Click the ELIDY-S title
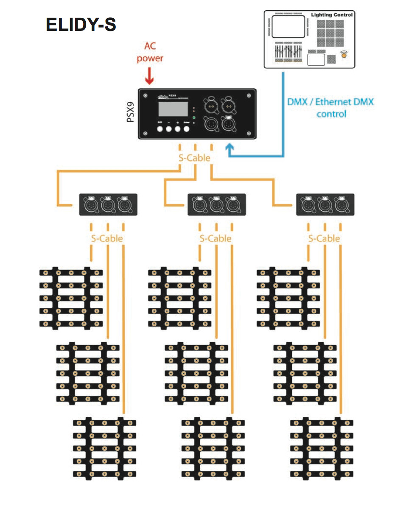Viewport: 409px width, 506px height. pyautogui.click(x=81, y=25)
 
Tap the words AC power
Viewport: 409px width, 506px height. pyautogui.click(x=150, y=52)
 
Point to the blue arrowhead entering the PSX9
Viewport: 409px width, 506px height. pyautogui.click(x=230, y=148)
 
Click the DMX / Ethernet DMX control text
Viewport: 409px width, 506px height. pyautogui.click(x=331, y=108)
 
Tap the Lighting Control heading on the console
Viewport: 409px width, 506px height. pyautogui.click(x=332, y=15)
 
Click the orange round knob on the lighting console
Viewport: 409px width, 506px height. pyautogui.click(x=344, y=54)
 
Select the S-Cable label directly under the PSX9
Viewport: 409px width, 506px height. pyautogui.click(x=195, y=158)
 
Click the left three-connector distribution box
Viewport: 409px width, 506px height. pyautogui.click(x=108, y=204)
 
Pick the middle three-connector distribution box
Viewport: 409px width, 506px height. pyautogui.click(x=216, y=204)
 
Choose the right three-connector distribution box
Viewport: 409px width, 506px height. pyautogui.click(x=325, y=204)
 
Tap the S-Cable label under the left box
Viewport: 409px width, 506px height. pyautogui.click(x=107, y=238)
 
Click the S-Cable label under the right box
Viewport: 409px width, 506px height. pyautogui.click(x=324, y=238)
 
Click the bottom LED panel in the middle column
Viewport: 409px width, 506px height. pyautogui.click(x=213, y=448)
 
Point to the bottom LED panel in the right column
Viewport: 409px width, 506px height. pyautogui.click(x=322, y=448)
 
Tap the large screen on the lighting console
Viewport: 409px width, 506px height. pyautogui.click(x=288, y=26)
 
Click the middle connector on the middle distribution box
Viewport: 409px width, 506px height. pyautogui.click(x=216, y=205)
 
